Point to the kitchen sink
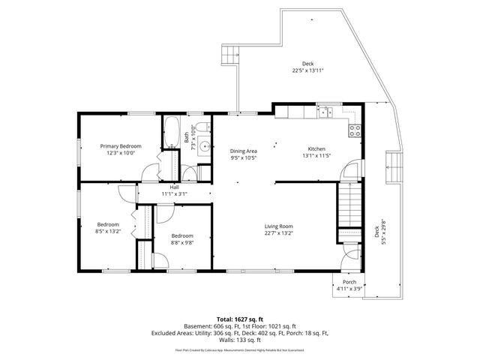pos(327,112)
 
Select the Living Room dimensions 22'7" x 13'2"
pos(277,232)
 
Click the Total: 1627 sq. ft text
pos(239,317)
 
